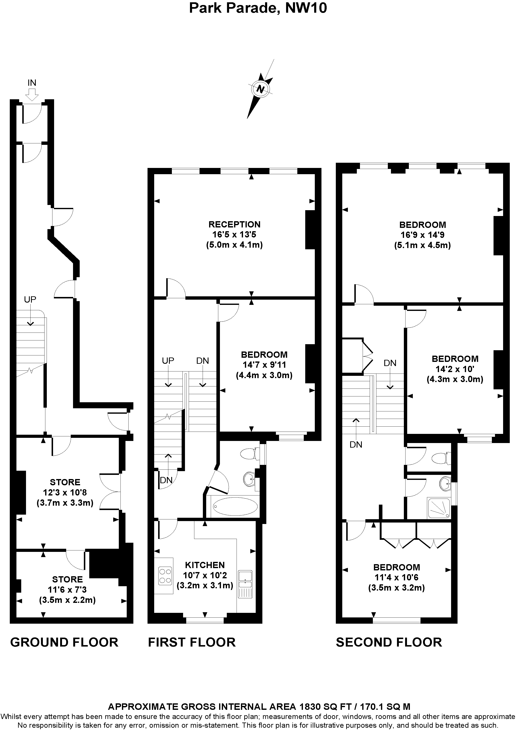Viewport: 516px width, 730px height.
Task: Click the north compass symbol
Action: (x=260, y=89)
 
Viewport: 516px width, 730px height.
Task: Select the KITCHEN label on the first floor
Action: (x=205, y=565)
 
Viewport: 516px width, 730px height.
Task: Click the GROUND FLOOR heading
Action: (x=64, y=642)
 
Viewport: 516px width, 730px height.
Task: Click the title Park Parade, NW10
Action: (x=258, y=8)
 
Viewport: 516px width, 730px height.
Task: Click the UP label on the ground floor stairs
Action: (x=30, y=299)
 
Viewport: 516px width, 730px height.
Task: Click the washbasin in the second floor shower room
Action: (x=445, y=484)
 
